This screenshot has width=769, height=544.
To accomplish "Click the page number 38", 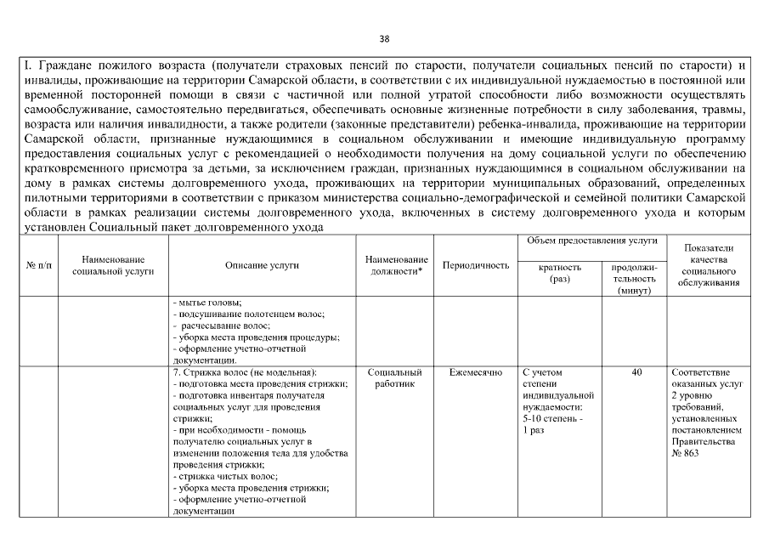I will click(384, 39).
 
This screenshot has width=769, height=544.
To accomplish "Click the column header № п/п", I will click(37, 265).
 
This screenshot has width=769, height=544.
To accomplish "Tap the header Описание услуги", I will click(262, 265).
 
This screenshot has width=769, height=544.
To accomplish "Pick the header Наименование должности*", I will click(396, 265).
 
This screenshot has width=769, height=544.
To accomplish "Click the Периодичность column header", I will click(476, 265).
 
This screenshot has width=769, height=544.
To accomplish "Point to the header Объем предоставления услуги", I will click(591, 242).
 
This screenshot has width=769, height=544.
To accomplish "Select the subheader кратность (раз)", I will click(560, 272).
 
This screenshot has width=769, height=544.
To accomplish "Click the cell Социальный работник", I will click(396, 378).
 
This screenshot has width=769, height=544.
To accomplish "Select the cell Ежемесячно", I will click(476, 372).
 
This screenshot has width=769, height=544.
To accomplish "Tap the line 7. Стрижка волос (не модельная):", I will click(245, 372).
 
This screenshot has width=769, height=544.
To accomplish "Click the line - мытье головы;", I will click(208, 303).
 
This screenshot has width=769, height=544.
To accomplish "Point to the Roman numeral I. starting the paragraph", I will click(25, 65).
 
